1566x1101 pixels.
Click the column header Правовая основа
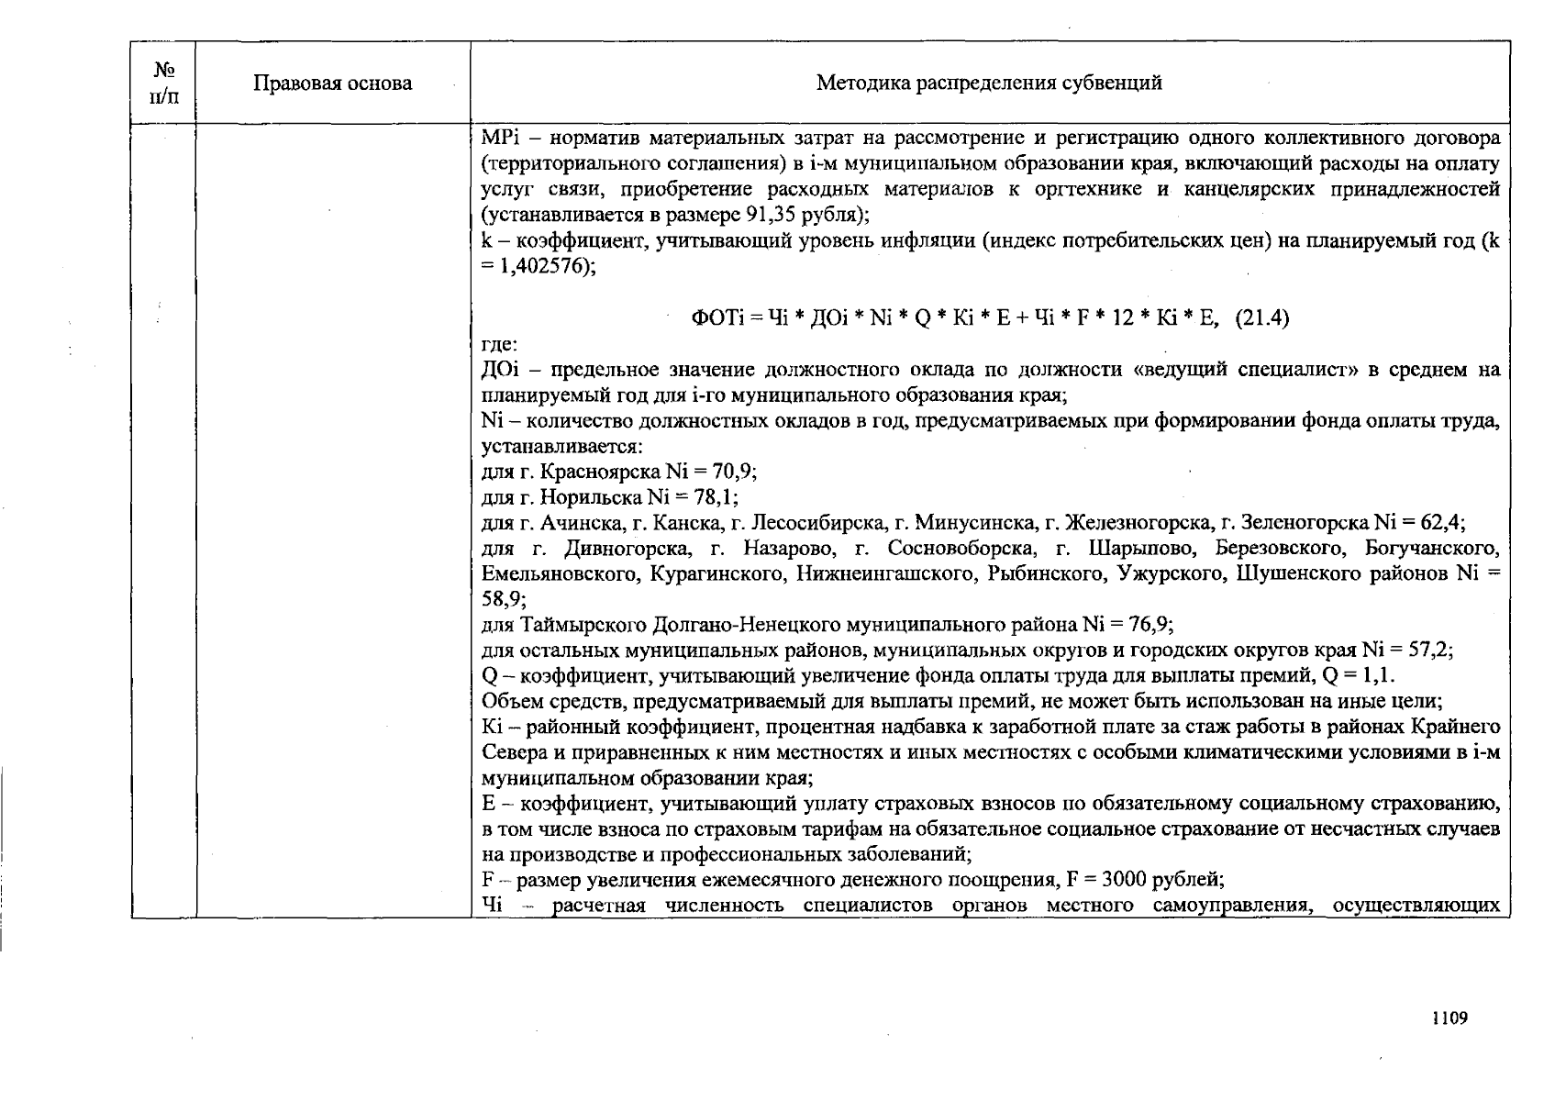(332, 83)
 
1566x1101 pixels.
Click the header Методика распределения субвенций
(989, 83)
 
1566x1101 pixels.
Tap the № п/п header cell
(163, 83)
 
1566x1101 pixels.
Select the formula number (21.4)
(1262, 318)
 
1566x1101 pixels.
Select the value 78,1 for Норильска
(716, 497)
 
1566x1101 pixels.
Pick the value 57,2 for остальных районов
(1429, 651)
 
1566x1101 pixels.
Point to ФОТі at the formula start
(715, 318)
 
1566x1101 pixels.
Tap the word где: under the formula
(500, 345)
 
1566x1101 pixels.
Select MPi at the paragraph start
(498, 139)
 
